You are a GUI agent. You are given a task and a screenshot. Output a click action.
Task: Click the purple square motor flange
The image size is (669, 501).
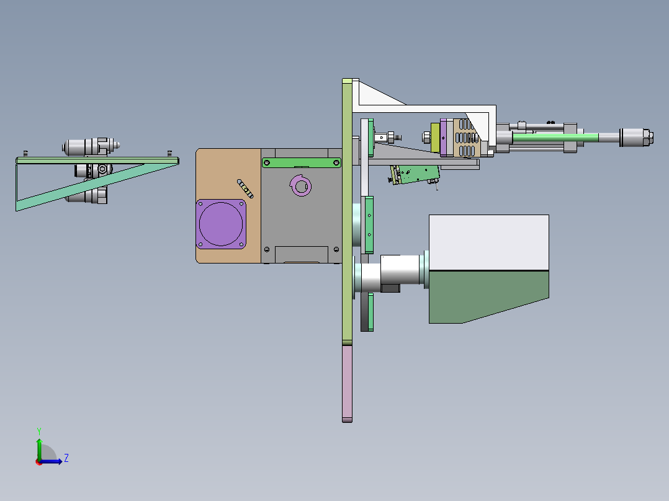[x=221, y=224]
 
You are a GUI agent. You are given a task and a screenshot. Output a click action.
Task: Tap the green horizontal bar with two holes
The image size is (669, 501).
[x=302, y=162]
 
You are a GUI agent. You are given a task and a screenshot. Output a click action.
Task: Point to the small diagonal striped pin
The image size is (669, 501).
[x=245, y=188]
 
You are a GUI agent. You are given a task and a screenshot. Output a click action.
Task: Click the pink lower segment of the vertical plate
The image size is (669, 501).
[x=348, y=383]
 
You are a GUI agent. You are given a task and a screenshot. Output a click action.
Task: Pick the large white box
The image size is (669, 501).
[x=489, y=242]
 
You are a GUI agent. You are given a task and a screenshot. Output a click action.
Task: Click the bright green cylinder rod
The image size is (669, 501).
[x=555, y=137]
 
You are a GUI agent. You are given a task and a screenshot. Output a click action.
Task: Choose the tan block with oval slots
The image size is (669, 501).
[x=466, y=138]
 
